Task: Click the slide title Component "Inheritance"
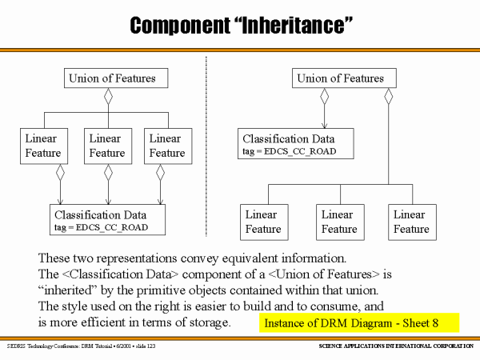click(240, 25)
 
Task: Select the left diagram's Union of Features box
click(118, 78)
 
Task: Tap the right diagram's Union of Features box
click(340, 78)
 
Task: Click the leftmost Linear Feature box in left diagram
click(42, 145)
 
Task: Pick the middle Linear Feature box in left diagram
click(107, 145)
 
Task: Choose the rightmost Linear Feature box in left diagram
click(166, 145)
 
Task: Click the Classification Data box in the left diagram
click(109, 221)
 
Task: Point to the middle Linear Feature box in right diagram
click(338, 222)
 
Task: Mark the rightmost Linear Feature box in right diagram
click(410, 222)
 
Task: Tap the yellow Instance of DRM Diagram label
click(359, 323)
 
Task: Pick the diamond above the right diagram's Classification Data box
click(324, 97)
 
